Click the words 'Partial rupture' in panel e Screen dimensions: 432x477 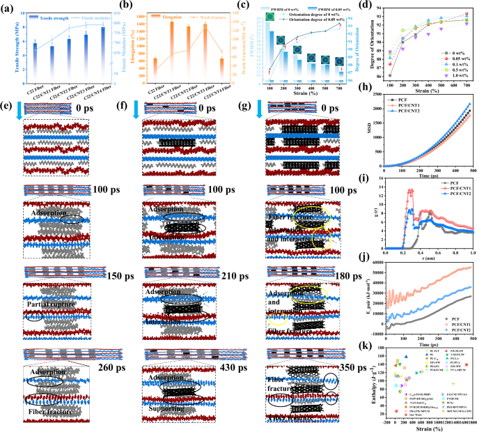pyautogui.click(x=47, y=304)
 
